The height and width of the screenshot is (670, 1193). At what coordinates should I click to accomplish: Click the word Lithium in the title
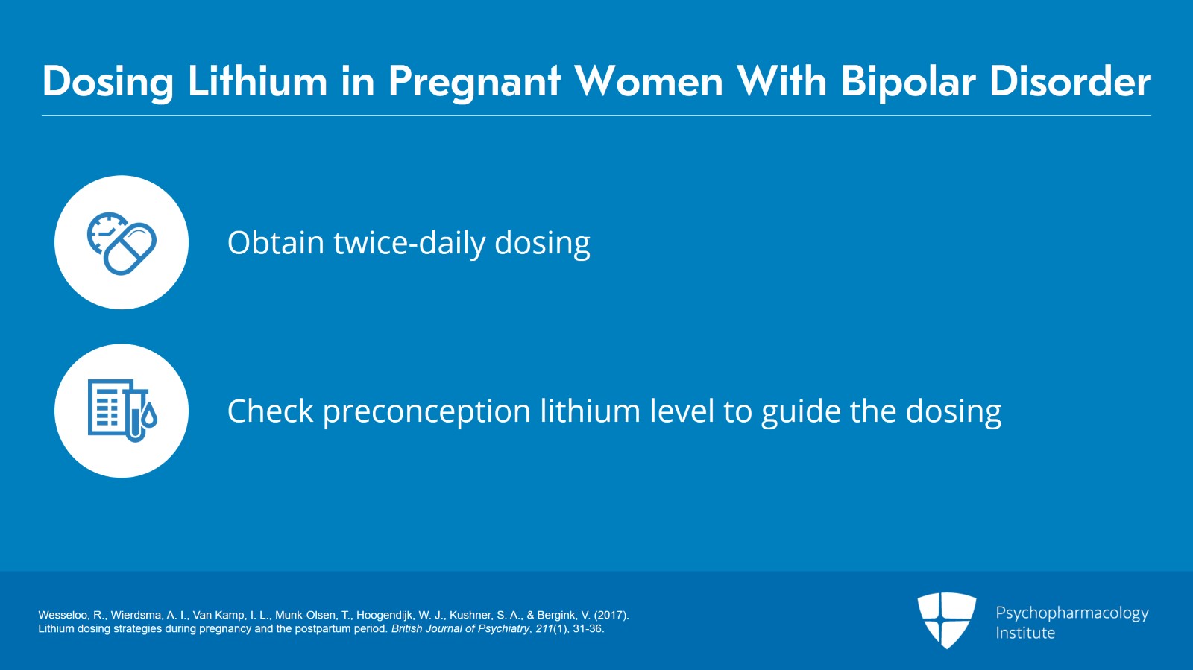(x=257, y=81)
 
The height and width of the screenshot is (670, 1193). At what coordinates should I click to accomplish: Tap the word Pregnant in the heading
(x=474, y=81)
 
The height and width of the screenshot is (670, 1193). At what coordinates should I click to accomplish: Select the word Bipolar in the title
(x=907, y=81)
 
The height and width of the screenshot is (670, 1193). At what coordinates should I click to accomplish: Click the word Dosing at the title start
(x=108, y=81)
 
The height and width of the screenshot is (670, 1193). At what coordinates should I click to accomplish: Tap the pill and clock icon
(x=122, y=243)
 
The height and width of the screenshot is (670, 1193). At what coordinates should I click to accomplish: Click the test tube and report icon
(x=122, y=411)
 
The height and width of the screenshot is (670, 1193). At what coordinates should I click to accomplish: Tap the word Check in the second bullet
(x=270, y=411)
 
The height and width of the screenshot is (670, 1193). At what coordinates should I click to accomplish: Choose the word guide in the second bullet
(x=801, y=412)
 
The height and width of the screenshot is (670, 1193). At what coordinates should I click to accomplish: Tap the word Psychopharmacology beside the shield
(x=1072, y=613)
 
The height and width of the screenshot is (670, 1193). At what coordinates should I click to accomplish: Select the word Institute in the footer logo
(x=1025, y=633)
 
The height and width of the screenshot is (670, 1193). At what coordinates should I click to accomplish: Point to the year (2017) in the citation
(x=611, y=616)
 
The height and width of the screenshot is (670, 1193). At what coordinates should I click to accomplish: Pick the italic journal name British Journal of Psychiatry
(x=460, y=629)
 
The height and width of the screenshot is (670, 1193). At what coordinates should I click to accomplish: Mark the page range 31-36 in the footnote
(x=588, y=629)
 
